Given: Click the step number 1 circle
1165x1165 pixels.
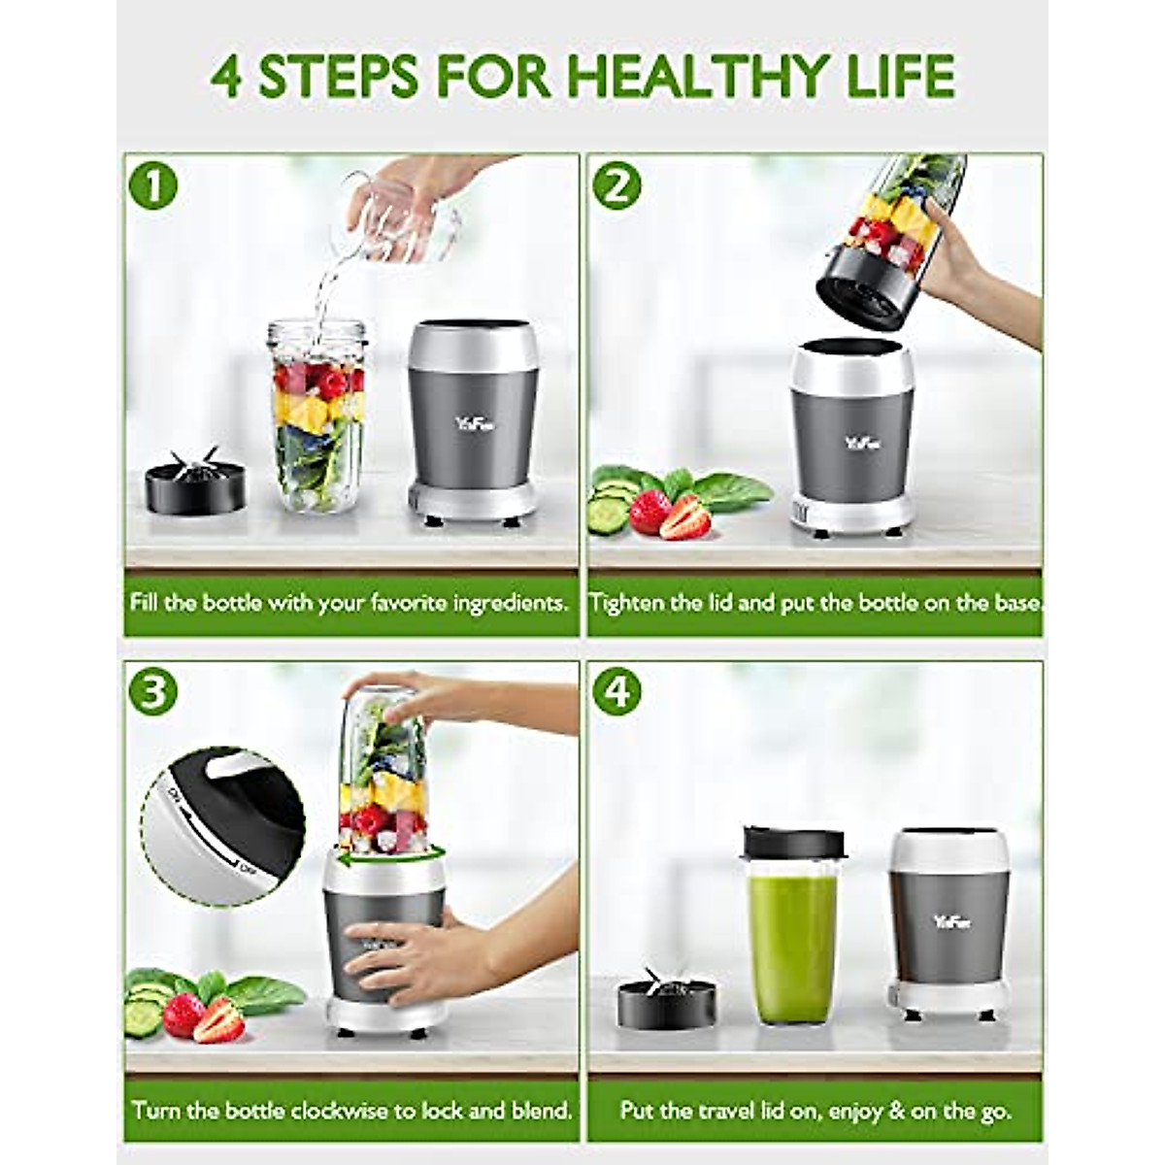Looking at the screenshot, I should pos(152,186).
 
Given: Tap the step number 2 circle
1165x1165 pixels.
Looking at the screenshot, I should pos(617,186).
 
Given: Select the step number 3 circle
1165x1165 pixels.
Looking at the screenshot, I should pos(152,690).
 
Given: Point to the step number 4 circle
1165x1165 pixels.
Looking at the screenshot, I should pos(618,690).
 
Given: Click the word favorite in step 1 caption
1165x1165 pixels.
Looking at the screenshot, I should pos(418,603).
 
